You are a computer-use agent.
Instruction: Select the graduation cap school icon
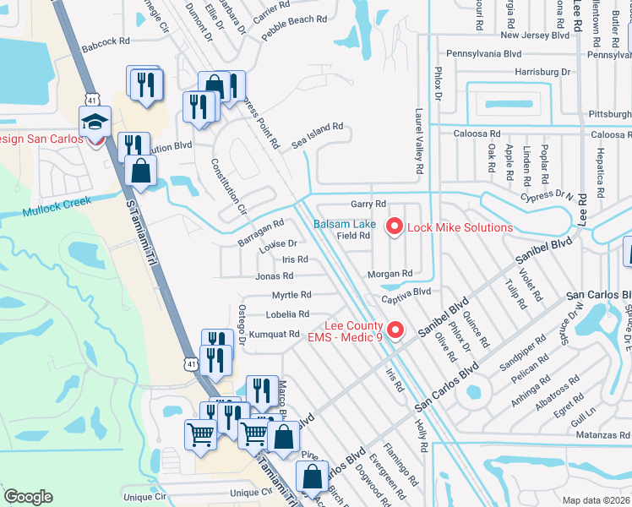click(95, 121)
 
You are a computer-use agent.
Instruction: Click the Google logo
click(28, 497)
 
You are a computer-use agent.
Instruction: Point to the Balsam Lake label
click(345, 224)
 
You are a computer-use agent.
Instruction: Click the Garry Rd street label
click(368, 204)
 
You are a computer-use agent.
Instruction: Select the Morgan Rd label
click(390, 274)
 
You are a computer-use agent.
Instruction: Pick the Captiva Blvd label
click(406, 292)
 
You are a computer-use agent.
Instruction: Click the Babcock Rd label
click(107, 40)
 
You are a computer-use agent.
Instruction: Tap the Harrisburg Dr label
click(542, 73)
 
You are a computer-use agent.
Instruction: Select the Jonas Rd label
click(275, 275)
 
